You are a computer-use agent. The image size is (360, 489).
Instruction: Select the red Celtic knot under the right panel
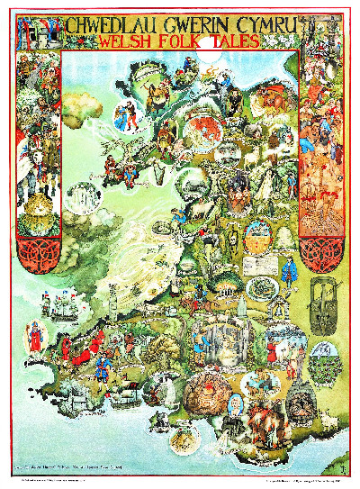coord(321,232)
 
